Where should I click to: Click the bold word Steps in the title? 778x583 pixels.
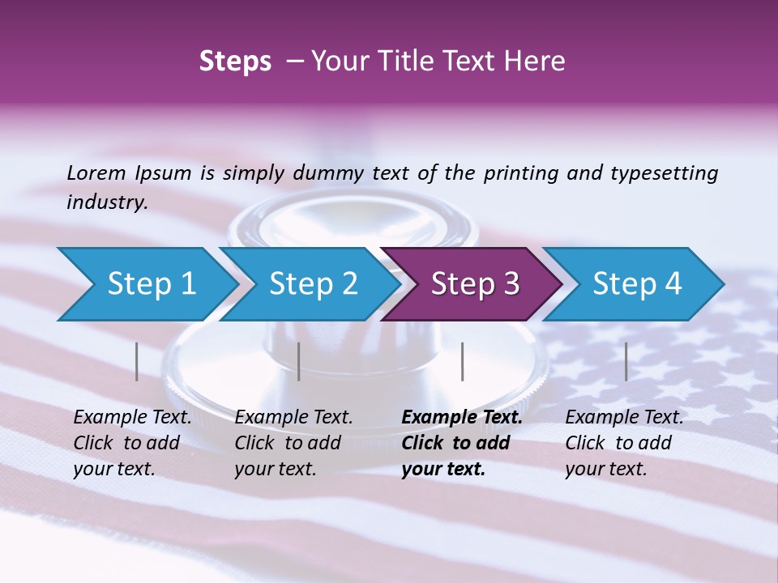point(235,62)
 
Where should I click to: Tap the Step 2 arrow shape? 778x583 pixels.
point(313,284)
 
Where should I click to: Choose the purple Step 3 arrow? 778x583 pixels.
point(475,284)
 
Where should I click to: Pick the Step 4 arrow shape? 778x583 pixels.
point(637,284)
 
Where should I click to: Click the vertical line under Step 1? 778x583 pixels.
point(137,361)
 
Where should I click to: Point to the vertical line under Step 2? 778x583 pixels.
point(299,361)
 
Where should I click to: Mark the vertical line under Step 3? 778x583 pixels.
point(462,361)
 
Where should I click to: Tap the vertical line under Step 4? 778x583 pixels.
point(626,361)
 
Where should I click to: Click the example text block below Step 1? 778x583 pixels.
point(132,443)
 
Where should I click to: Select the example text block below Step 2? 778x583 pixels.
point(293,443)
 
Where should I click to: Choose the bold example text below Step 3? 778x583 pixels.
point(462,443)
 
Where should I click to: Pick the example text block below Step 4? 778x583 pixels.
point(624,443)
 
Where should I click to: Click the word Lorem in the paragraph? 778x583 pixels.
point(96,172)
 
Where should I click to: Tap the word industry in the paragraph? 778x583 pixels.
point(107,202)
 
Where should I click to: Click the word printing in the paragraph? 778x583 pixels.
point(520,172)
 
